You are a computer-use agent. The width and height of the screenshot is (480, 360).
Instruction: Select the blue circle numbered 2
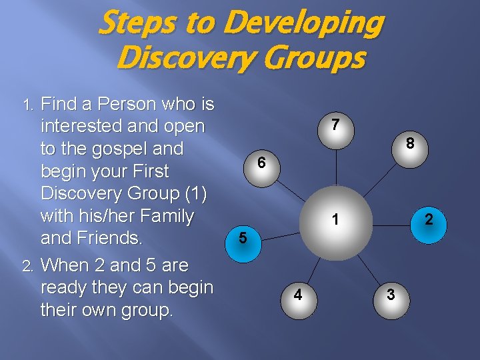click(x=429, y=219)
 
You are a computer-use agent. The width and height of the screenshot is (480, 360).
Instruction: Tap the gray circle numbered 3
click(x=390, y=294)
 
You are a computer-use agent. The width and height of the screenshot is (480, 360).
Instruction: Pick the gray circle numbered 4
click(x=297, y=294)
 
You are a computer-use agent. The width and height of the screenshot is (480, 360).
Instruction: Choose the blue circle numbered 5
click(x=243, y=237)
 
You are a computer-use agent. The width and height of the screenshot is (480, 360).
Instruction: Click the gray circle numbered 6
click(x=261, y=162)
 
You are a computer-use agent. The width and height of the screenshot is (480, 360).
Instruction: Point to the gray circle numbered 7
click(x=335, y=125)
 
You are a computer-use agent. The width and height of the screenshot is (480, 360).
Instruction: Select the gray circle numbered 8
click(x=411, y=143)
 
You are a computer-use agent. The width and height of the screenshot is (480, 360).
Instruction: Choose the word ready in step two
click(x=64, y=289)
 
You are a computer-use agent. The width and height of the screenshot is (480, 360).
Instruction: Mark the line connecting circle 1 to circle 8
click(x=379, y=177)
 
